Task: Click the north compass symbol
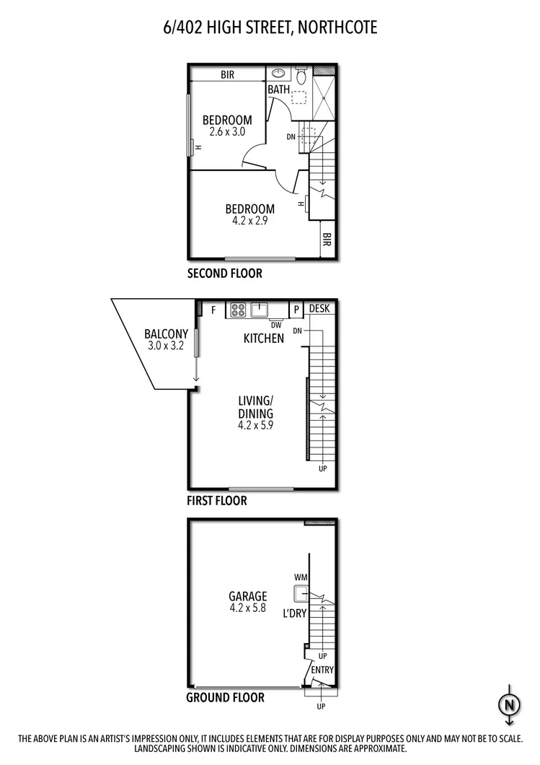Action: point(509,703)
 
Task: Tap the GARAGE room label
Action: point(248,596)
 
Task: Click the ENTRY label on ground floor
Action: point(322,670)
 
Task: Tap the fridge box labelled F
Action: point(213,310)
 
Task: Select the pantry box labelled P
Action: point(296,310)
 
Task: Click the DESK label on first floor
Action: point(319,308)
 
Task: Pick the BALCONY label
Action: point(166,334)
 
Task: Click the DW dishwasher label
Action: point(276,324)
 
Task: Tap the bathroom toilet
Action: point(301,76)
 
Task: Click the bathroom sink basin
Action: point(278,74)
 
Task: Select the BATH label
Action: point(278,89)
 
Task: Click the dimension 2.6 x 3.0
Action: point(227,132)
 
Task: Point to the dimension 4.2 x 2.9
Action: point(248,222)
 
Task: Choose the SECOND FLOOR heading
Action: point(224,274)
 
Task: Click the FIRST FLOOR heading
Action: point(216,500)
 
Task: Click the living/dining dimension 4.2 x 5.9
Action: point(255,425)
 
